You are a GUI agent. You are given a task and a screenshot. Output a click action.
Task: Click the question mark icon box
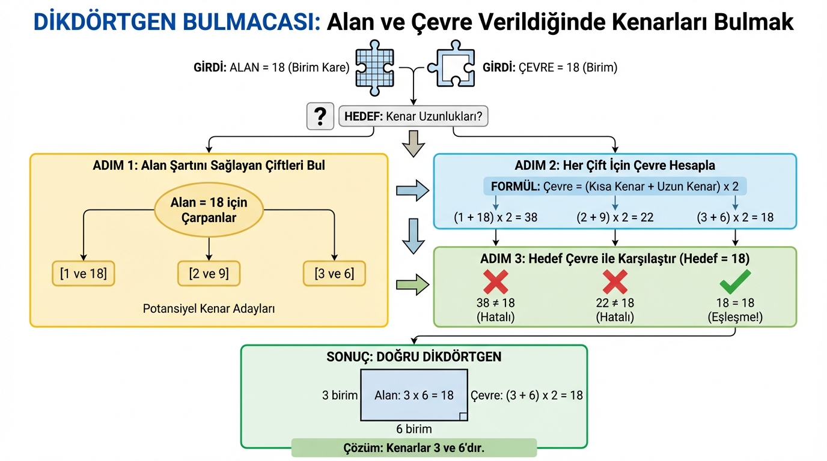(x=320, y=116)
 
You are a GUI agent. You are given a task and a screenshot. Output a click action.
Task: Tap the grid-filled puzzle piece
(x=374, y=67)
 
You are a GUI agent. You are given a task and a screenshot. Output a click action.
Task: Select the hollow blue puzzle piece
(x=450, y=67)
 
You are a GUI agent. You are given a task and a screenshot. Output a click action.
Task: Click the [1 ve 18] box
(x=84, y=274)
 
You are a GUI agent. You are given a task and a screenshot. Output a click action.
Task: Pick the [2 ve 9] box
(x=209, y=274)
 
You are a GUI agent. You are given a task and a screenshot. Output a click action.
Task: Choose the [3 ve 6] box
(x=334, y=274)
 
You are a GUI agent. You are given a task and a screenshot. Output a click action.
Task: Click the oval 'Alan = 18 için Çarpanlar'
(x=209, y=210)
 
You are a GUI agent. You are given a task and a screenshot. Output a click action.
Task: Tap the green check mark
(x=735, y=282)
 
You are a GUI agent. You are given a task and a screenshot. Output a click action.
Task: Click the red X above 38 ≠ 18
(x=495, y=282)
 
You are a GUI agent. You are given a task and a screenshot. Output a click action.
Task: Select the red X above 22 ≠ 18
(x=615, y=282)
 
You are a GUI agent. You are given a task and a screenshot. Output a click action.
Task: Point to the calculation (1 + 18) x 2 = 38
(x=495, y=217)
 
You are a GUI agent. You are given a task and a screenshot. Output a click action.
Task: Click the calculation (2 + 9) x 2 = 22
(x=615, y=217)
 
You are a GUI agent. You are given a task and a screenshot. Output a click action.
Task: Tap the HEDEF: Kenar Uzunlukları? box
(x=413, y=116)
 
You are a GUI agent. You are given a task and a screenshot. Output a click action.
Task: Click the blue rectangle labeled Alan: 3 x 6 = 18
(x=414, y=395)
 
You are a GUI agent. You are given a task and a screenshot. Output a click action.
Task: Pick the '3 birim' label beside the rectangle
(x=340, y=395)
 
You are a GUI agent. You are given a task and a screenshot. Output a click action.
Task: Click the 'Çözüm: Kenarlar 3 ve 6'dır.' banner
(x=413, y=448)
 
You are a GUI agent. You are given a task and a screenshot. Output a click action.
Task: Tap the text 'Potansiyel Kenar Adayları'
(x=209, y=309)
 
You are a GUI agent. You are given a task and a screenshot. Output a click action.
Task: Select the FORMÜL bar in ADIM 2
(x=615, y=186)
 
